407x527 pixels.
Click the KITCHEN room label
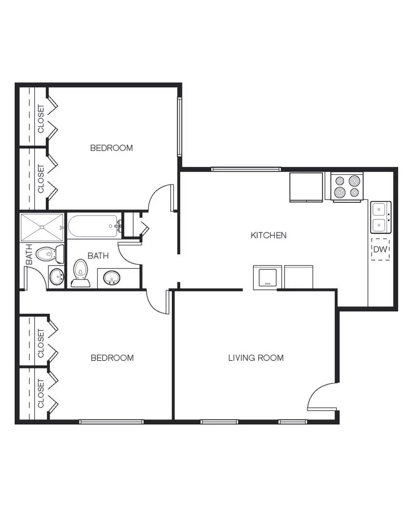click(268, 235)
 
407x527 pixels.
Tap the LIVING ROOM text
click(256, 358)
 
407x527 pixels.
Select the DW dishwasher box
click(380, 249)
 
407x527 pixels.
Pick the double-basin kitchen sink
click(380, 218)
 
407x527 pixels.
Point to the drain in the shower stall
click(42, 227)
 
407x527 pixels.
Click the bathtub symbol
click(93, 227)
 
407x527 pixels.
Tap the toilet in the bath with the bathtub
click(80, 273)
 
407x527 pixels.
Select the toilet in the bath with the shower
click(49, 254)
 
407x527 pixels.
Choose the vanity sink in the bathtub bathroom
click(112, 278)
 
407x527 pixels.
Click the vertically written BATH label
click(29, 255)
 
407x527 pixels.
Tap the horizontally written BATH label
click(98, 255)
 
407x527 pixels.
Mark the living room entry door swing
click(323, 396)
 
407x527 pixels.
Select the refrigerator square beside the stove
click(306, 186)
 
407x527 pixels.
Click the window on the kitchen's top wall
click(246, 169)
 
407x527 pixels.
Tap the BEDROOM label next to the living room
click(112, 358)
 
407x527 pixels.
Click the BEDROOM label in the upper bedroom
click(111, 148)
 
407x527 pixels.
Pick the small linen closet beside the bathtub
click(132, 225)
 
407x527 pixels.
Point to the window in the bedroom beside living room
click(111, 421)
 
